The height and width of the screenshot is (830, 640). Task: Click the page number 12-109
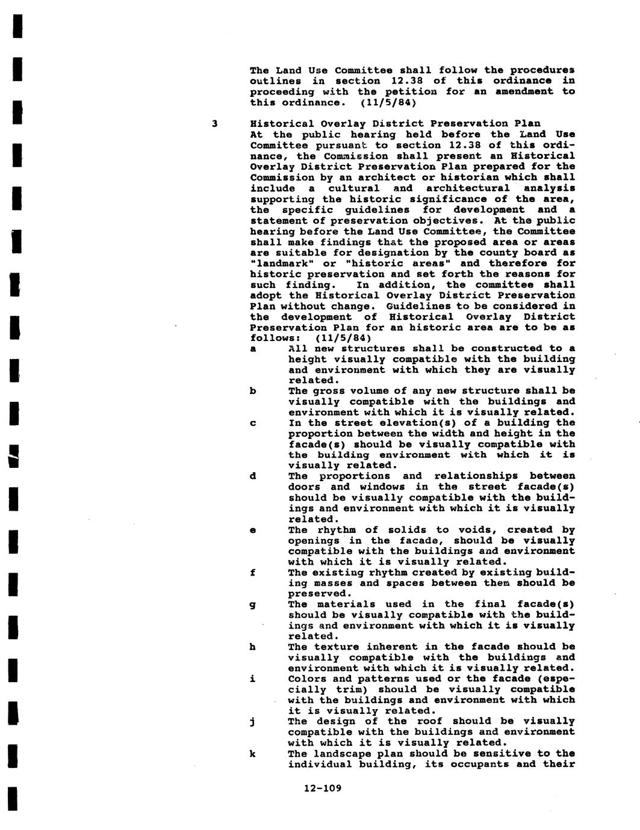(x=323, y=788)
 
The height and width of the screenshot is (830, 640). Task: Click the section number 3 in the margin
(x=214, y=124)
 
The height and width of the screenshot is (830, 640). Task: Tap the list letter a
(x=253, y=349)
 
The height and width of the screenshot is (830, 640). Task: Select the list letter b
(x=253, y=391)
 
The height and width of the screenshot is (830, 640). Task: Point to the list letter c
(x=253, y=423)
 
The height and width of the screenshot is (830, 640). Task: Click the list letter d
(x=253, y=476)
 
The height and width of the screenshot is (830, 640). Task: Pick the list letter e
(x=253, y=530)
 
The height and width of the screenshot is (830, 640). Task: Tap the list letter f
(x=253, y=573)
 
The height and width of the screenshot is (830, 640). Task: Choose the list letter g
(x=253, y=605)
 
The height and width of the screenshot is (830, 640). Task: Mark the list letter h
(x=253, y=647)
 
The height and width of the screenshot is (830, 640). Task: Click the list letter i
(x=253, y=678)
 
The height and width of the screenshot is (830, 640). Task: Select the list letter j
(x=253, y=722)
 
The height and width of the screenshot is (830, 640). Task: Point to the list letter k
(x=253, y=754)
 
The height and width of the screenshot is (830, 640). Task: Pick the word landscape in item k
(x=343, y=754)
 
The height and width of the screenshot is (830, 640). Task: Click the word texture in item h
(x=335, y=647)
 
